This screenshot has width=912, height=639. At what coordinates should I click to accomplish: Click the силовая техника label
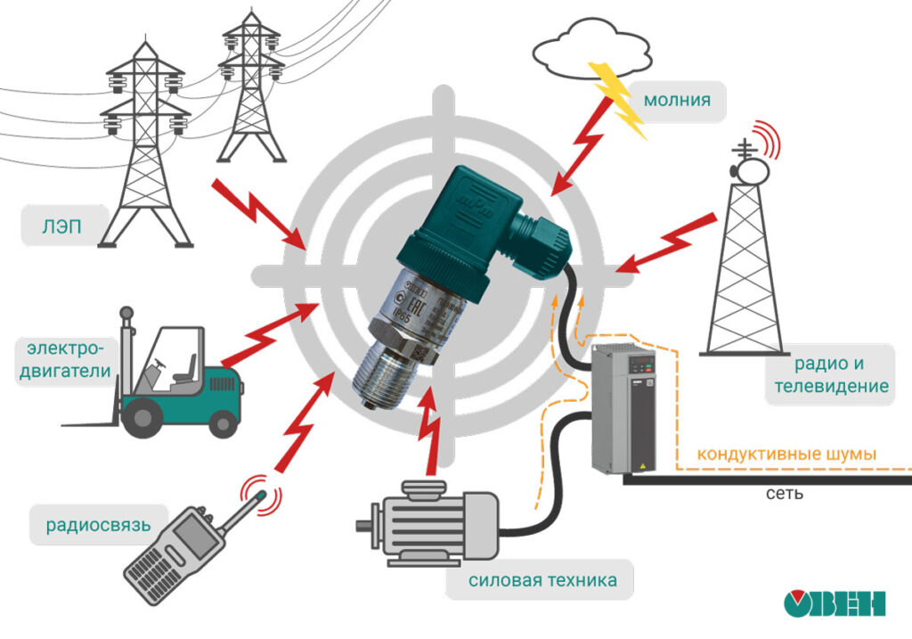[542, 581]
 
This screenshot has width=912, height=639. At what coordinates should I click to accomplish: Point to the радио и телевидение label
[830, 375]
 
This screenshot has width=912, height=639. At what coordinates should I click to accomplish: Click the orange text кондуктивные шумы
[786, 455]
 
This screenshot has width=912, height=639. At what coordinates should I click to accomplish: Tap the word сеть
[785, 493]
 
